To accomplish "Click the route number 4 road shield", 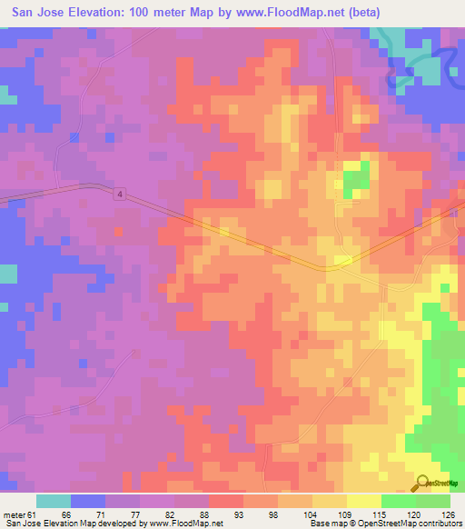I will click(119, 195).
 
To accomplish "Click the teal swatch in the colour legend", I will click(54, 501).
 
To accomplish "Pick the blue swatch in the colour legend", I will click(88, 501).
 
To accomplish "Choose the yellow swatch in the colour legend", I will click(364, 501).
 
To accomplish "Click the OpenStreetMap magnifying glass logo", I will click(424, 483).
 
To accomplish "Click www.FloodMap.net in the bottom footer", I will click(186, 524).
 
